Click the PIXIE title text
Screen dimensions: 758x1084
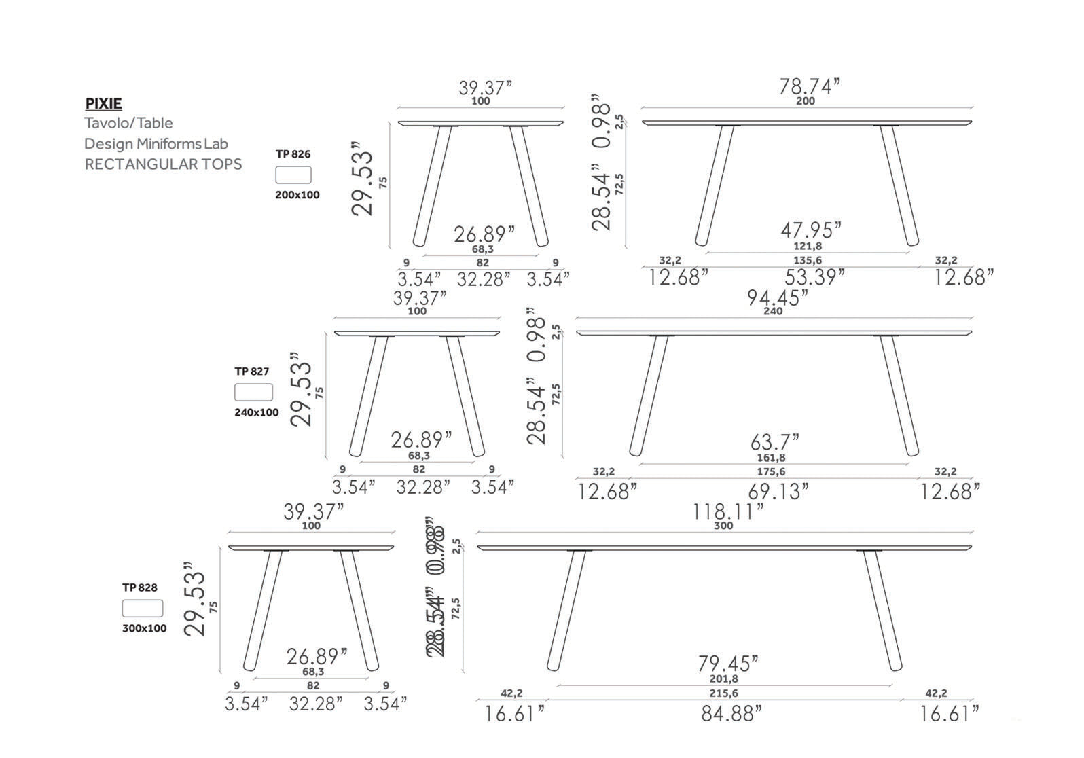pos(103,104)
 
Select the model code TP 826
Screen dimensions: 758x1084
pos(293,154)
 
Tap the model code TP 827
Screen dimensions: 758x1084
pos(252,372)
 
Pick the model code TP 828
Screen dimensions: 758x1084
pos(140,588)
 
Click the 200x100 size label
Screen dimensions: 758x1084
pos(297,195)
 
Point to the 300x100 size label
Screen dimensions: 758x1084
pos(144,628)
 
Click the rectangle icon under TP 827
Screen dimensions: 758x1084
pos(253,392)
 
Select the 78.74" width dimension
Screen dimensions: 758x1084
pos(809,87)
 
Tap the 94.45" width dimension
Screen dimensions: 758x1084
pos(778,297)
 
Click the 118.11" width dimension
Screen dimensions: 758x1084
pos(728,511)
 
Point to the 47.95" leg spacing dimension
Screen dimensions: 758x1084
pos(810,230)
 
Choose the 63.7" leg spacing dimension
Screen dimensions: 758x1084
pos(774,443)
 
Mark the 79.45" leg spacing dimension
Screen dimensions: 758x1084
pos(728,662)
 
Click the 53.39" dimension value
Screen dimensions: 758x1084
pos(814,277)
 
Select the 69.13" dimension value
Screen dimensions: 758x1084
pos(778,491)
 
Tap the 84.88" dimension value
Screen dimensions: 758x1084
pos(731,713)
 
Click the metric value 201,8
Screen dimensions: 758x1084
pos(723,679)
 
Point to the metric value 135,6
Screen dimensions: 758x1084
pos(808,260)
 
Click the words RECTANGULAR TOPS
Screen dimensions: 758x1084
pos(163,164)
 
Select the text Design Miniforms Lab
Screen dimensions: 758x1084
pos(156,144)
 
